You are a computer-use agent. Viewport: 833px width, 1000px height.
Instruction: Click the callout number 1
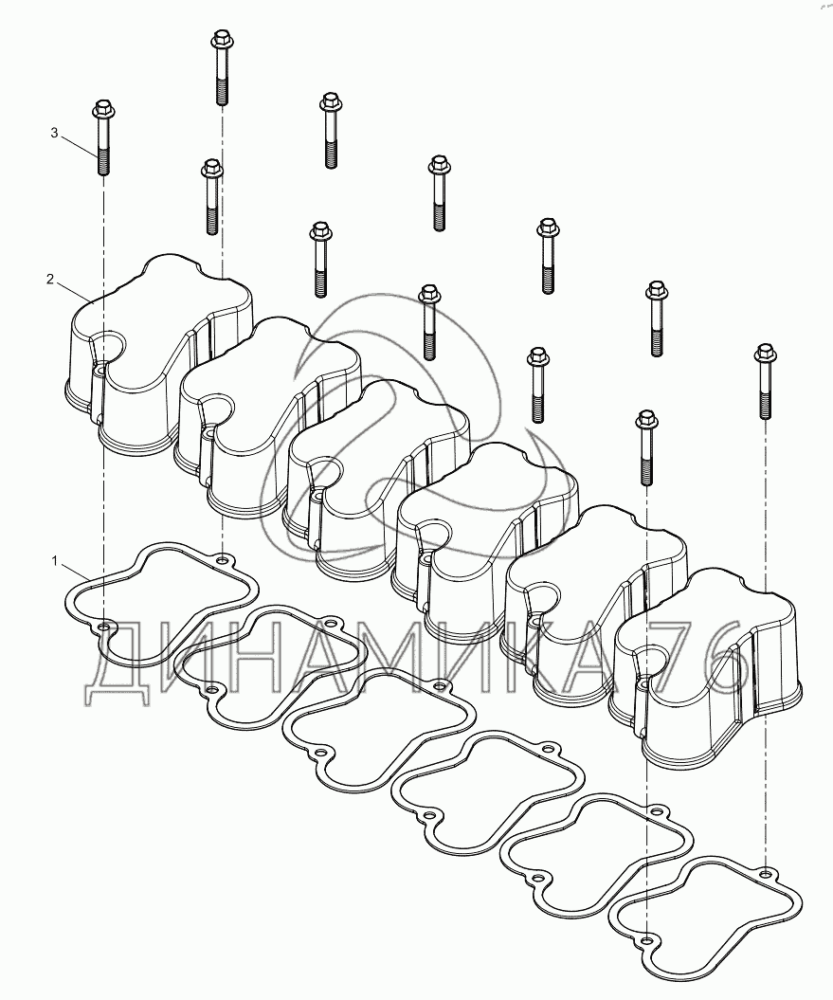pos(55,560)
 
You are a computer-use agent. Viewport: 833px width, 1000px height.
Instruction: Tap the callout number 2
pos(50,279)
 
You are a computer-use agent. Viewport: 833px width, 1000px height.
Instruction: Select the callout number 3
pos(54,133)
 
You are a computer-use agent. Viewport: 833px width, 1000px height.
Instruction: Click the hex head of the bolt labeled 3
pos(102,110)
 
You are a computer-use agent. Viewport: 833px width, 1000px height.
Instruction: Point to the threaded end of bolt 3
pos(102,162)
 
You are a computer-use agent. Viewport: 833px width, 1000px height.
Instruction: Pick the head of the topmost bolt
pos(220,40)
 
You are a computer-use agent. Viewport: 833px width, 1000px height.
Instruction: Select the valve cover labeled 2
pos(159,352)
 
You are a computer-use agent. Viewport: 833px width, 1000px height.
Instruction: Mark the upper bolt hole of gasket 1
pos(222,560)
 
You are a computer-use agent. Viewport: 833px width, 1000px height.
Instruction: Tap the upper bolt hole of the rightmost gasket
pos(766,872)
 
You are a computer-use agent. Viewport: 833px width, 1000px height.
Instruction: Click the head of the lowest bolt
pos(646,421)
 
